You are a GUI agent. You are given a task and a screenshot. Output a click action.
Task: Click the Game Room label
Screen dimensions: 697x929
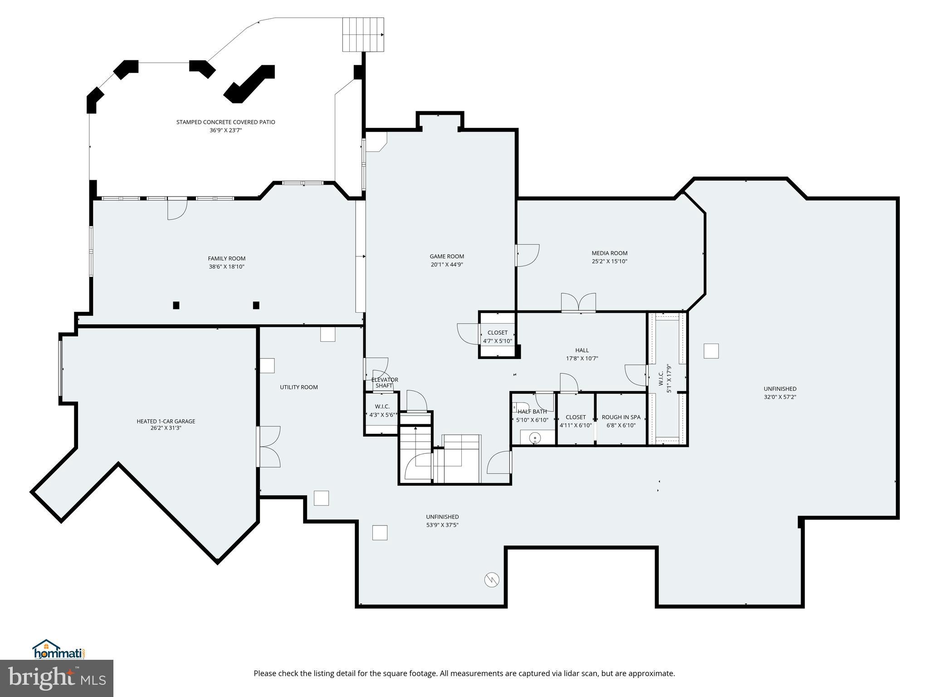pyautogui.click(x=447, y=256)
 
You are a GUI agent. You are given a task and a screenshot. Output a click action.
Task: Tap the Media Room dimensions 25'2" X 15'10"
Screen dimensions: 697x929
pyautogui.click(x=609, y=261)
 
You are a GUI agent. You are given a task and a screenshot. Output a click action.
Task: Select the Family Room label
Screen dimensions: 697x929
pyautogui.click(x=226, y=259)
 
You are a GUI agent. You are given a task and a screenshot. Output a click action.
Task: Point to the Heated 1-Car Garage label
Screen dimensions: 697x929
pyautogui.click(x=166, y=421)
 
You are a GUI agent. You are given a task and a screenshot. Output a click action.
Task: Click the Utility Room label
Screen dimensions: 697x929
pyautogui.click(x=298, y=387)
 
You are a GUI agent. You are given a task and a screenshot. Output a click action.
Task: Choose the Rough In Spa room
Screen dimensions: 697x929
pyautogui.click(x=621, y=421)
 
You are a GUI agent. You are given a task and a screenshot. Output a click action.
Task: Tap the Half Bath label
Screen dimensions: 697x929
pyautogui.click(x=532, y=412)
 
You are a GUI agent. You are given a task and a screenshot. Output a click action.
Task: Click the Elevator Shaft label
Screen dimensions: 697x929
pyautogui.click(x=384, y=383)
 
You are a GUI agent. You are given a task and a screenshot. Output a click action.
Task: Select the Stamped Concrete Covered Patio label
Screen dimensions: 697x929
pyautogui.click(x=225, y=122)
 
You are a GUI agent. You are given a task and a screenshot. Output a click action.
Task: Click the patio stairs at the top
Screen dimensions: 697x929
pyautogui.click(x=363, y=34)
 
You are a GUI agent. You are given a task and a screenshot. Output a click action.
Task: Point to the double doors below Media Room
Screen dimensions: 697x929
pyautogui.click(x=578, y=303)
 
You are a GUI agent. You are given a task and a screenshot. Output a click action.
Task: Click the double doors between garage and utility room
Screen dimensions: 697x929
pyautogui.click(x=269, y=447)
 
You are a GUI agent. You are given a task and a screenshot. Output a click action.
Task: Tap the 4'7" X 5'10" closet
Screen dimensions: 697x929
pyautogui.click(x=498, y=336)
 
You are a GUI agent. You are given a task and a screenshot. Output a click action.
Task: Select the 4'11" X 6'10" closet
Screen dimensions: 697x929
pyautogui.click(x=576, y=421)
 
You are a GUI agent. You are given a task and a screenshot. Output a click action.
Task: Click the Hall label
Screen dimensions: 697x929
pyautogui.click(x=582, y=350)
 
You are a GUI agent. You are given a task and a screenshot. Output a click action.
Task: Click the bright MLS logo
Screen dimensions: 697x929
pyautogui.click(x=57, y=678)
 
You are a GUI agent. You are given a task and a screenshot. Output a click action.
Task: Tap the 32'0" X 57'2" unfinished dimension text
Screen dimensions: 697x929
pyautogui.click(x=780, y=397)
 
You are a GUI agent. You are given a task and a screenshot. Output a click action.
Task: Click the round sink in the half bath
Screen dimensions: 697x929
pyautogui.click(x=535, y=438)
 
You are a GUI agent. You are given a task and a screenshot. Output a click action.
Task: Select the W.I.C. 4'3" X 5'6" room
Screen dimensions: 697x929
pyautogui.click(x=382, y=411)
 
